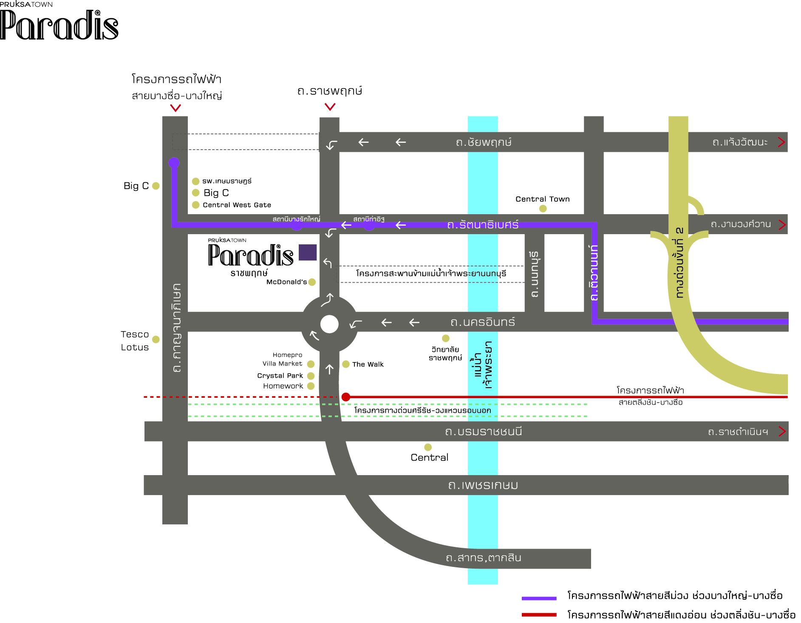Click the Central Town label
(542, 199)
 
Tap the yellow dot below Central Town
(543, 209)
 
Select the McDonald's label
(286, 282)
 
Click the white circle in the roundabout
(329, 324)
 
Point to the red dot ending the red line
(346, 397)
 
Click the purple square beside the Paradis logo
(308, 252)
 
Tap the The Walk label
(368, 364)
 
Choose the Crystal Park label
(280, 376)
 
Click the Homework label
(283, 386)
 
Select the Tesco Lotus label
(135, 341)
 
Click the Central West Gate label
(237, 205)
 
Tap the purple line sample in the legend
(539, 598)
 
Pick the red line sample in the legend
(539, 615)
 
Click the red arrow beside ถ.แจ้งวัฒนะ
(781, 142)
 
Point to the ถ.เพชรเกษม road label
(483, 485)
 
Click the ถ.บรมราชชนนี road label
(483, 431)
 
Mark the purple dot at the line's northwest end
(174, 162)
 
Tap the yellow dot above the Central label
(428, 447)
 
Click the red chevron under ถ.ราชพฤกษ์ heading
(330, 107)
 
